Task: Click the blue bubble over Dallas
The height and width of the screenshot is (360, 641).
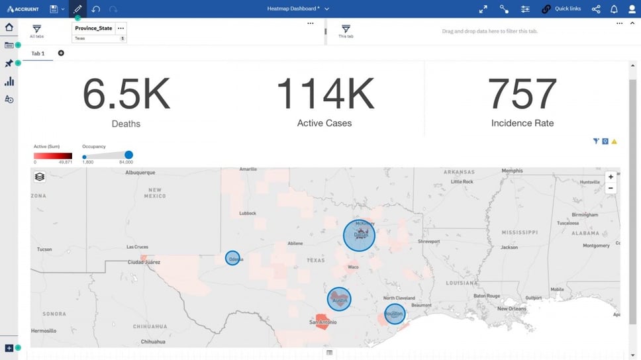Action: pos(359,236)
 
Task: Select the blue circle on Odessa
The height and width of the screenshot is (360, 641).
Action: pos(232,258)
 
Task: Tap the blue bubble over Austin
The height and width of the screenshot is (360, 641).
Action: pos(339,299)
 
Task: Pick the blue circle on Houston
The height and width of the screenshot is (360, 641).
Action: pos(395,314)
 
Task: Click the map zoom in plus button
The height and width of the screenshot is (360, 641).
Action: pos(611,177)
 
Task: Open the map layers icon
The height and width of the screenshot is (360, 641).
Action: pos(40,177)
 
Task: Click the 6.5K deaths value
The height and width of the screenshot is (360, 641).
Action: pos(126,94)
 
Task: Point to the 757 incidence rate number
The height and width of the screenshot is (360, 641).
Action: pos(522,94)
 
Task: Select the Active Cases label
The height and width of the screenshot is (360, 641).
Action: pos(324,123)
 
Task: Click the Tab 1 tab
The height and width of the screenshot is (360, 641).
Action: pos(38,53)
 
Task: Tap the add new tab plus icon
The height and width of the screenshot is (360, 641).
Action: pos(61,53)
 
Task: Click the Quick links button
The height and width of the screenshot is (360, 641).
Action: pos(562,9)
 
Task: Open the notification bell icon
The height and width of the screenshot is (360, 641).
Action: pos(614,9)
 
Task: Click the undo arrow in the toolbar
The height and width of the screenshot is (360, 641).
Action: pos(96,9)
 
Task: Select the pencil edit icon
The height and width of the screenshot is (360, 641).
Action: pos(77,9)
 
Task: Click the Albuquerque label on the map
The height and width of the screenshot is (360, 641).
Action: pos(140,173)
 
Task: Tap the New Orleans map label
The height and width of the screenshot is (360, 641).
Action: pos(512,309)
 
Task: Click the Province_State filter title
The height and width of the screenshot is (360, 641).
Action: pos(93,28)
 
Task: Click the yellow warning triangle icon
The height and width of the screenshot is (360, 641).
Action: pos(614,141)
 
